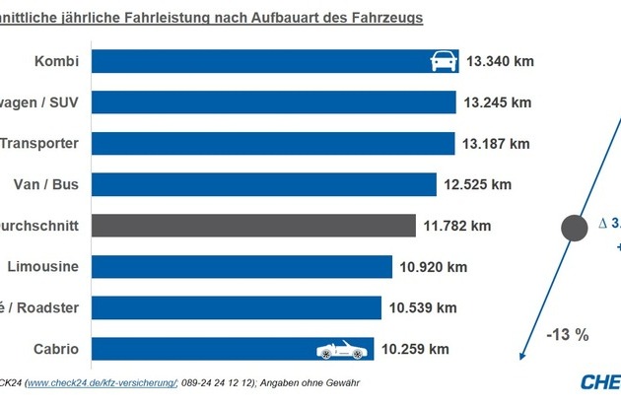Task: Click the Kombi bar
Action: point(246,61)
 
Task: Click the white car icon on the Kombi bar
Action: point(444,61)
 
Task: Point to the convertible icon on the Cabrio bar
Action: point(339,349)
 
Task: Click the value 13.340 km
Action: point(502,61)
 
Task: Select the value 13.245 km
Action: point(497,102)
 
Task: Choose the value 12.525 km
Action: point(477,184)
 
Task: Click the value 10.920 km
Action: point(431,266)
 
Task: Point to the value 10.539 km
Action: point(422,307)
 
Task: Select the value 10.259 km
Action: point(415,349)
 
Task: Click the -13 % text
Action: point(567,335)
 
